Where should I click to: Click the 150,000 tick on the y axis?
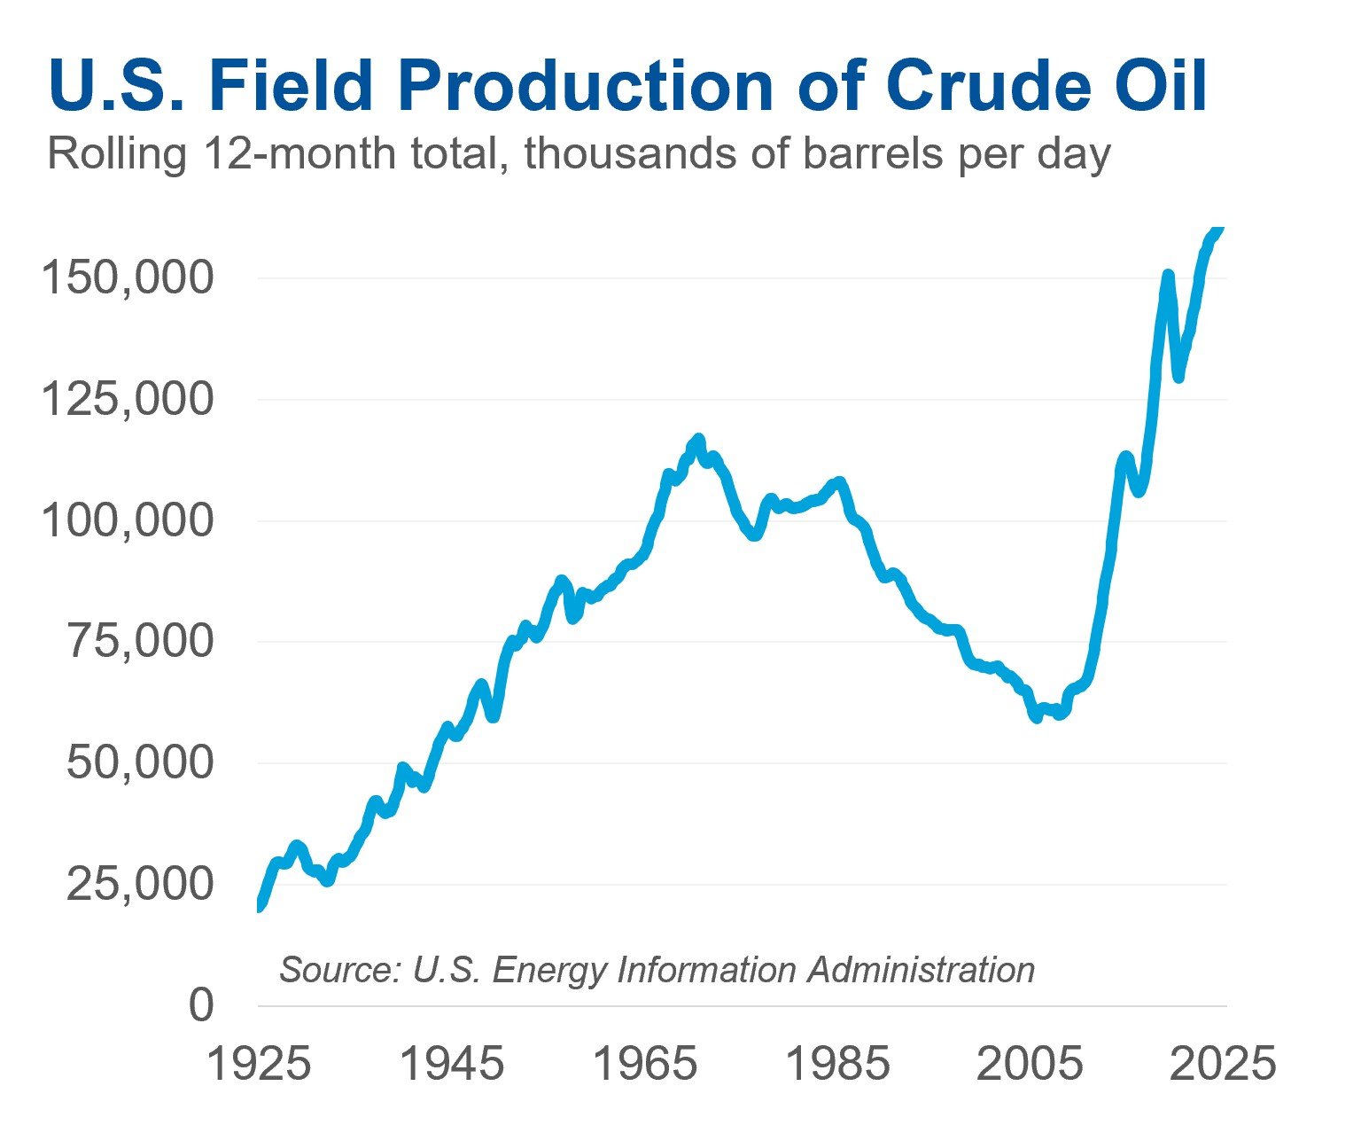click(128, 278)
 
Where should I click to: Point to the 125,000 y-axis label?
click(128, 400)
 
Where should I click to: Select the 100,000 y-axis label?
click(128, 521)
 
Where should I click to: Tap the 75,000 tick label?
click(141, 642)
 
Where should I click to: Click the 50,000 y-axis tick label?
click(141, 763)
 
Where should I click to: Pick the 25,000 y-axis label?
click(141, 885)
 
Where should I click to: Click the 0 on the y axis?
click(202, 1006)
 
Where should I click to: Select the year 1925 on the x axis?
click(258, 1064)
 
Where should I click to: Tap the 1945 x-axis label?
click(452, 1064)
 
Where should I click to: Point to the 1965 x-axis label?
click(645, 1064)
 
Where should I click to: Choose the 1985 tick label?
click(838, 1064)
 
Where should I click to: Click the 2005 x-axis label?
click(1030, 1064)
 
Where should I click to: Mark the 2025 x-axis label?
click(1224, 1064)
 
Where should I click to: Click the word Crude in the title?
click(982, 87)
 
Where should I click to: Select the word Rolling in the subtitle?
click(116, 154)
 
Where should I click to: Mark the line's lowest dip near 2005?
click(1036, 717)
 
